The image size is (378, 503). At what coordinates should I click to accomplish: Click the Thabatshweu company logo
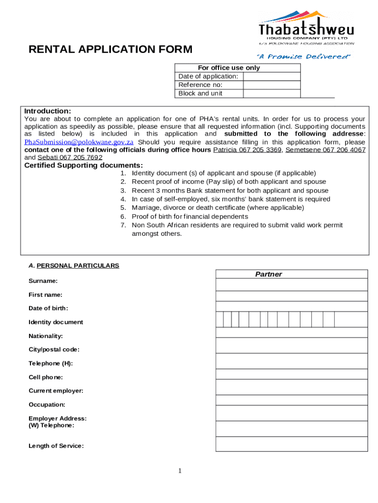[306, 28]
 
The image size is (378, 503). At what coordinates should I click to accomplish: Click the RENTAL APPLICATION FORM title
[110, 50]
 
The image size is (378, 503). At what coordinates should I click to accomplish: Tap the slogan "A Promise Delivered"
[305, 56]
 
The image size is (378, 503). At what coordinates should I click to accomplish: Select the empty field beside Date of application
[271, 76]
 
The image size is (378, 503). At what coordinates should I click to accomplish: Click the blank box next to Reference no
[271, 85]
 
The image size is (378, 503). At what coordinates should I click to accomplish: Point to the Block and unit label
[200, 93]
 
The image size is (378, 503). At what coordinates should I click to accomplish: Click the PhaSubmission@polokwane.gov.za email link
[79, 142]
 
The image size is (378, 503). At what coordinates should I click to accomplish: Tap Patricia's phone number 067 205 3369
[247, 150]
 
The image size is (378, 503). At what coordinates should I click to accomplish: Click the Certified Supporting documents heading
[84, 166]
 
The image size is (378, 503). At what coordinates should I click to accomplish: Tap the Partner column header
[269, 274]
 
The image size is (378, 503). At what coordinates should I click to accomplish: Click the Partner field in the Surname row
[292, 284]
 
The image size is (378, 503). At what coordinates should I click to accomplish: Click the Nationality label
[46, 336]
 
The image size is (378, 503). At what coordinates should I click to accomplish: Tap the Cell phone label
[46, 377]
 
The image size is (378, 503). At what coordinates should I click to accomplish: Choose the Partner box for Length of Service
[292, 444]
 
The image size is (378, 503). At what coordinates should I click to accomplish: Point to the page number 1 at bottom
[180, 472]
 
